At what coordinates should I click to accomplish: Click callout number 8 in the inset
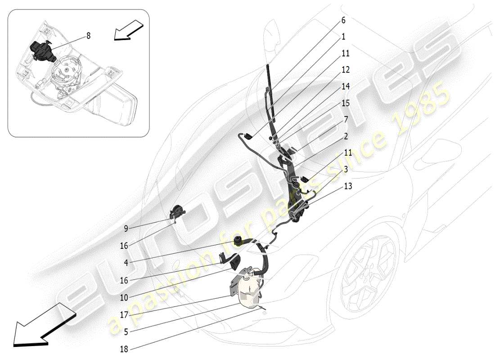point(89,36)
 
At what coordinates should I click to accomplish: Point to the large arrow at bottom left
point(40,324)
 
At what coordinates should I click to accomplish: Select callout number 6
point(343,20)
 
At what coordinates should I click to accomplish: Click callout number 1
point(343,36)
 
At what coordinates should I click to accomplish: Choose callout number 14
point(346,86)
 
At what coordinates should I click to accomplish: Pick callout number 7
point(346,119)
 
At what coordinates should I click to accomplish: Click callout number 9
point(126,229)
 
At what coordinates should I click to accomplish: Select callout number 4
point(126,263)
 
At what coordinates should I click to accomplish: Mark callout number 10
point(124,297)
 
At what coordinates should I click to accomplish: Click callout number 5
point(126,332)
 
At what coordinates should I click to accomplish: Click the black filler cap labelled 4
point(237,241)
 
